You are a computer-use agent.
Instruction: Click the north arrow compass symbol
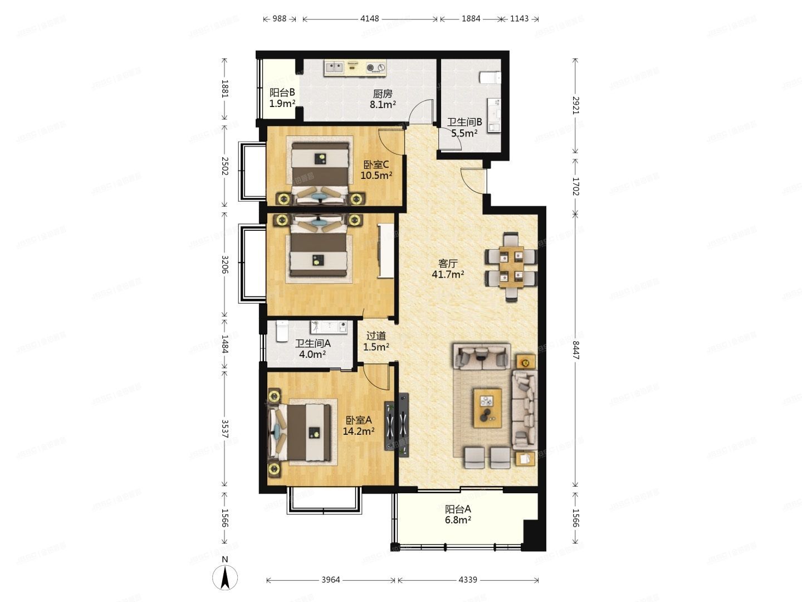[224, 577]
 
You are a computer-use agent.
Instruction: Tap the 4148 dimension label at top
[369, 18]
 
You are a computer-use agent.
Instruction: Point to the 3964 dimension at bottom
[330, 580]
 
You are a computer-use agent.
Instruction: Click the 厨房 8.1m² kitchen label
[383, 99]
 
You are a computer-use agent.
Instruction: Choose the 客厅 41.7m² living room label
[448, 269]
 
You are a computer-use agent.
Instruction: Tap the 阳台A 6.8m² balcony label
[458, 514]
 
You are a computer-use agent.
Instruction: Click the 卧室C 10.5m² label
[376, 170]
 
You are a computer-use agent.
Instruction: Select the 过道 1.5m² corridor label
[376, 341]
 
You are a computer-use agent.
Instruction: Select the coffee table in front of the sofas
[487, 408]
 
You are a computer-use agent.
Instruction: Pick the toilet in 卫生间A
[282, 331]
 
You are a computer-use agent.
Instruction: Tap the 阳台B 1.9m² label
[282, 98]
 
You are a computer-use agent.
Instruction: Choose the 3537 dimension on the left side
[224, 429]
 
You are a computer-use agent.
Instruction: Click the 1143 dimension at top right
[519, 18]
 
